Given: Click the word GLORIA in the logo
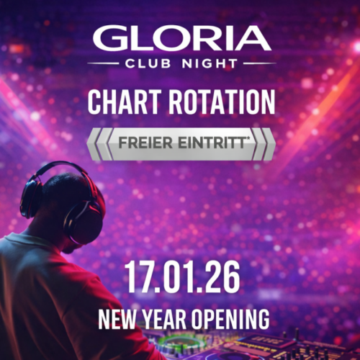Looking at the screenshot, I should coord(181,38).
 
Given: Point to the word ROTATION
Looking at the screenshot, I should coord(223,102).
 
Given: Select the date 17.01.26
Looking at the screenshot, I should coord(181,277).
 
